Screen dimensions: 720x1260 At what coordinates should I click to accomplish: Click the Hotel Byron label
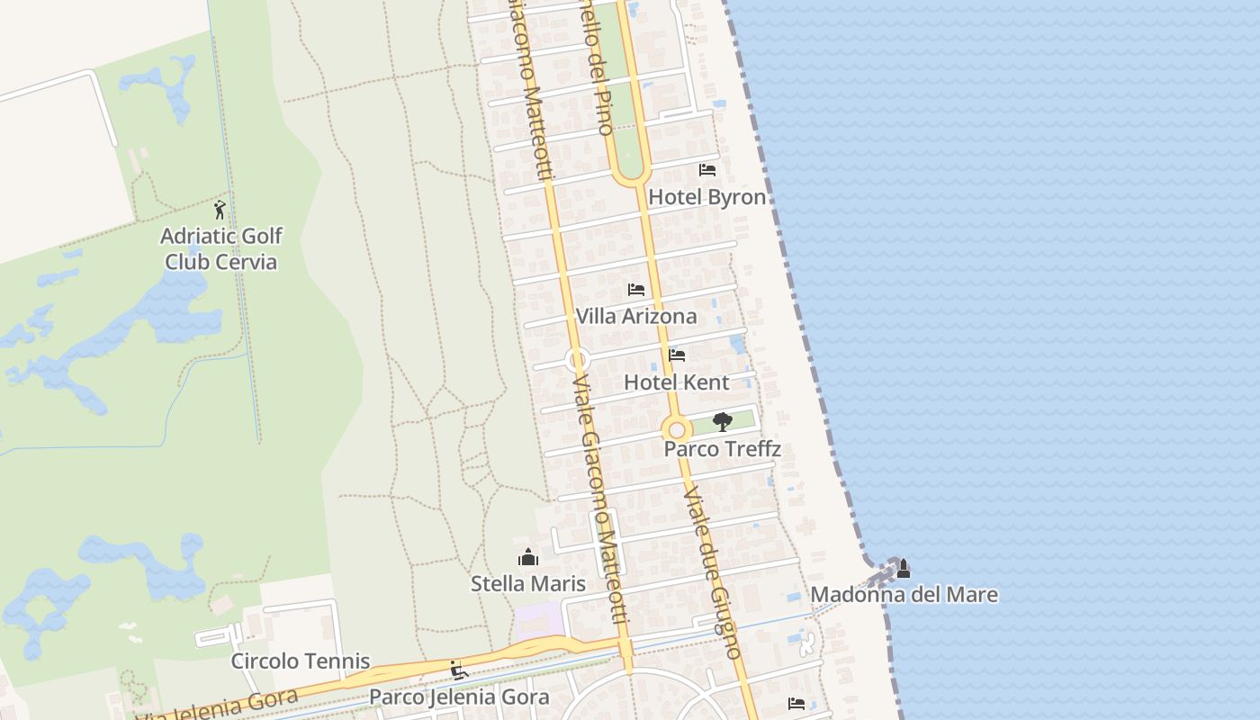(707, 197)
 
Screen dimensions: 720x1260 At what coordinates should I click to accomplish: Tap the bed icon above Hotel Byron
(707, 169)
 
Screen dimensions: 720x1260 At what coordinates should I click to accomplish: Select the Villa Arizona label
(636, 316)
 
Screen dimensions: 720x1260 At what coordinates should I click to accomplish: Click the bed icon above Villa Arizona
(636, 290)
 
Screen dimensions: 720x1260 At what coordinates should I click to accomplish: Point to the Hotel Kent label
(677, 382)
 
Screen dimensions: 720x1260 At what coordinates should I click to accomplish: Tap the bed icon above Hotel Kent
(677, 355)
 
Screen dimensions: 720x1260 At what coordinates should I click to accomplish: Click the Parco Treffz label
(722, 448)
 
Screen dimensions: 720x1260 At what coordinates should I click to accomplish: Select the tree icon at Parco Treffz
(722, 421)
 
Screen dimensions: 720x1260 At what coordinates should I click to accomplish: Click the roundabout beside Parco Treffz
(676, 429)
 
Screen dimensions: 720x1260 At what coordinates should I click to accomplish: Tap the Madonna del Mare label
(904, 594)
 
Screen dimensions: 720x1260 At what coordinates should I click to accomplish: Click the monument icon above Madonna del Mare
(904, 569)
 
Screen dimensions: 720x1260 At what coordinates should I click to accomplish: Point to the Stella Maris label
(528, 583)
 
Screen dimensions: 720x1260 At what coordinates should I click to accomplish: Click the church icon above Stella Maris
(528, 557)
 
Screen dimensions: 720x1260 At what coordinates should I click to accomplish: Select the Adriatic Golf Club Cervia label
(221, 248)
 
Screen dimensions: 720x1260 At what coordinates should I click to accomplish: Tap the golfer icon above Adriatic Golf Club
(220, 210)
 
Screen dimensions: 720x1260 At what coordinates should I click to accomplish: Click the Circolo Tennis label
(301, 661)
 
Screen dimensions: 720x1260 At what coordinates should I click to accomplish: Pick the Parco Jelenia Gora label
(459, 697)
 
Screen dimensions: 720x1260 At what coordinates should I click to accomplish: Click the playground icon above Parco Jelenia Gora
(459, 670)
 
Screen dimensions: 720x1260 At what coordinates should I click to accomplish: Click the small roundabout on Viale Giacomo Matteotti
(577, 360)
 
